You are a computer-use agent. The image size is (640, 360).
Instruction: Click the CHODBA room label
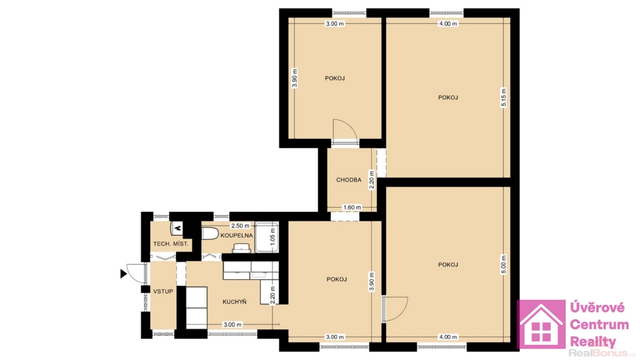coord(349,179)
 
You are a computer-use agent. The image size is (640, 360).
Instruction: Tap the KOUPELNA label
coord(237,236)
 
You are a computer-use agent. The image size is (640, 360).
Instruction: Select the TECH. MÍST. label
coord(171,244)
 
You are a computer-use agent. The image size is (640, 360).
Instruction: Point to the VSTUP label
coord(163,291)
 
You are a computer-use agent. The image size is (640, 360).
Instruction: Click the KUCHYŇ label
coord(234,302)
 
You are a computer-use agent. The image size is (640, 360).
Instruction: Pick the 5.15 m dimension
coord(504,97)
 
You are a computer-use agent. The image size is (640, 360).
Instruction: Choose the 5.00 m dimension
coord(504,264)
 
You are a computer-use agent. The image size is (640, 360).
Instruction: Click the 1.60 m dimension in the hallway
coord(352,207)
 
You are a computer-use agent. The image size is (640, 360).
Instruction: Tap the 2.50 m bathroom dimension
coord(240,226)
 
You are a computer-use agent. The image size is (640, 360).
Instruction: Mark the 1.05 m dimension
coord(272,237)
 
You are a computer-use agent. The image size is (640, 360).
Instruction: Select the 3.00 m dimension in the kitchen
coord(232,324)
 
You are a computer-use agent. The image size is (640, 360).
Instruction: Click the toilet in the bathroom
coord(210,234)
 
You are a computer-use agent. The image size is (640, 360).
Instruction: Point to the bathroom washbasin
coord(241,248)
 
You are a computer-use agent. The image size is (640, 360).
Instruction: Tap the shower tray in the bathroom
coord(267,237)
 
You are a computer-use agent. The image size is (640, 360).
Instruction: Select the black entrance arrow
coord(124,274)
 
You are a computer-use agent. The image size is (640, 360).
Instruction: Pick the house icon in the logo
coord(541,324)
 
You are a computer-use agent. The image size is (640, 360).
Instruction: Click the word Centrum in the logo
coord(599,325)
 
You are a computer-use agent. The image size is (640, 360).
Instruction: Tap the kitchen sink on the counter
coord(260,275)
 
